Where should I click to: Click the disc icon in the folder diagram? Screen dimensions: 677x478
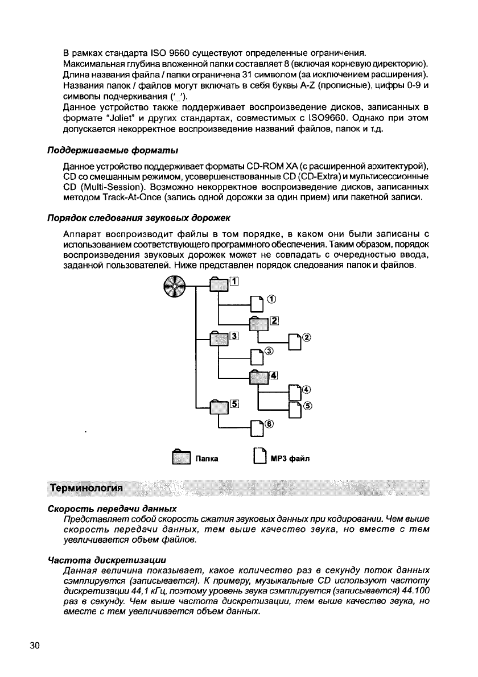(x=174, y=286)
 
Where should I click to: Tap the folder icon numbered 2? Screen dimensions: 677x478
(x=259, y=324)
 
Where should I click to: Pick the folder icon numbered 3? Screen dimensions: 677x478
(x=219, y=340)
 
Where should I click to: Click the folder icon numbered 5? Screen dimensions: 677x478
(x=219, y=406)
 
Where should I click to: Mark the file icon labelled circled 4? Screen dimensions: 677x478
(x=295, y=393)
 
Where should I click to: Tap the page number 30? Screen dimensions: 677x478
(x=35, y=645)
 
